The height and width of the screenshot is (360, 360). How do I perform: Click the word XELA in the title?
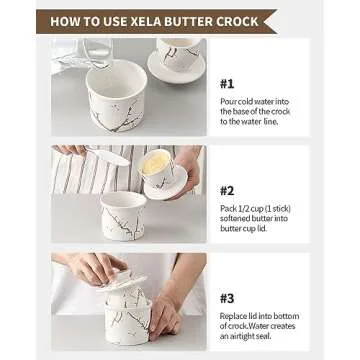click(172, 20)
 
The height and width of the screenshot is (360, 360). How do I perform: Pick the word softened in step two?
click(240, 219)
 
